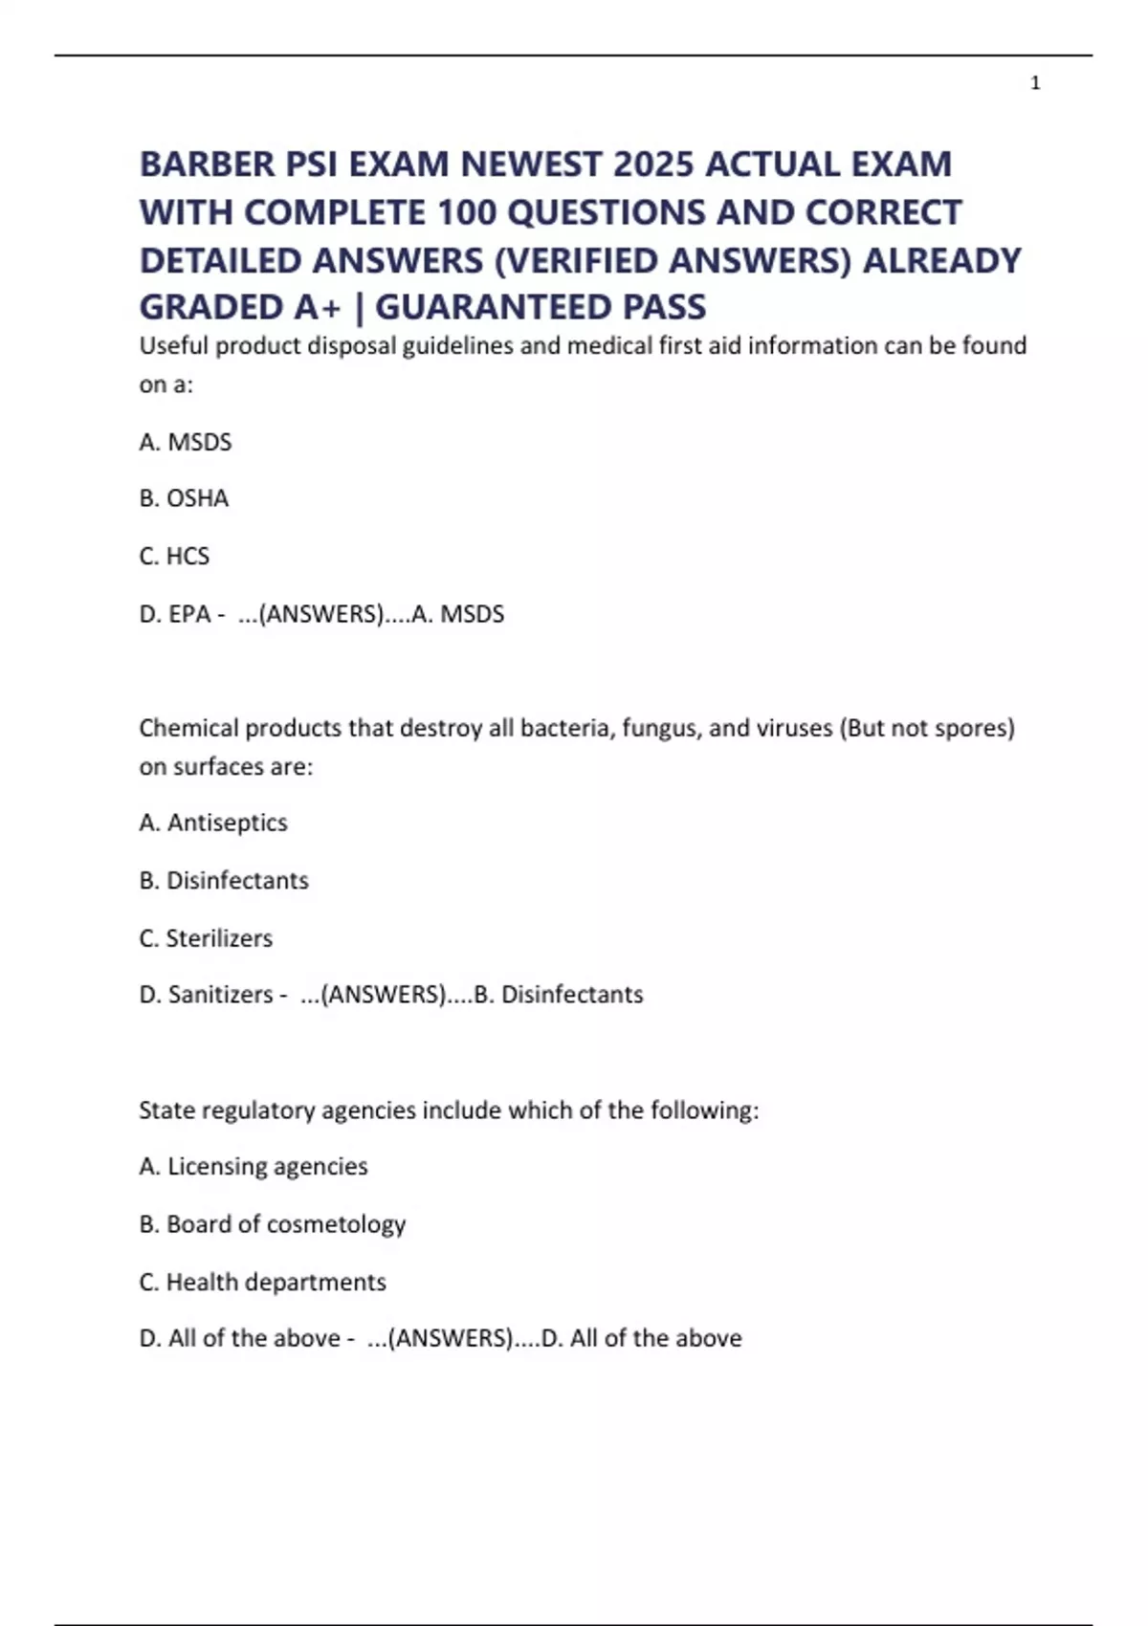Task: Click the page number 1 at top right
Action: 1035,84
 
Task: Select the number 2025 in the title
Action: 653,165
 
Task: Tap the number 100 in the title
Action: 466,212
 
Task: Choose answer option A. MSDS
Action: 186,442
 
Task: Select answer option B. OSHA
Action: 184,498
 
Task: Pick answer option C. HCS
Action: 174,556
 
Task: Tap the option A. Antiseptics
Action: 213,823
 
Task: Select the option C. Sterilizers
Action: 206,938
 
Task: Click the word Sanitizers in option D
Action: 221,995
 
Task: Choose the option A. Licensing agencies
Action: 254,1167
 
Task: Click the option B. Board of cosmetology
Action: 273,1224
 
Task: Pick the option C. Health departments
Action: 263,1282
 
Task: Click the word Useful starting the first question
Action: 173,346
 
